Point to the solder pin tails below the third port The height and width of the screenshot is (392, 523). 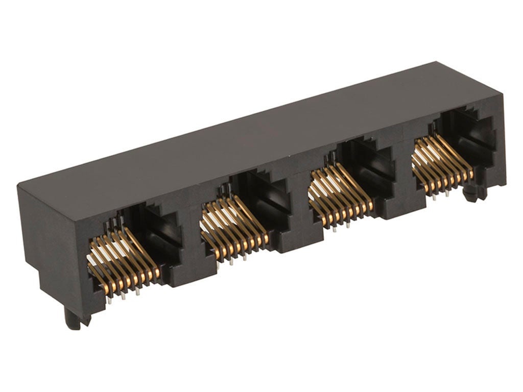tap(340, 225)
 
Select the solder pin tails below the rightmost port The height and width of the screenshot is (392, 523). tap(440, 194)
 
